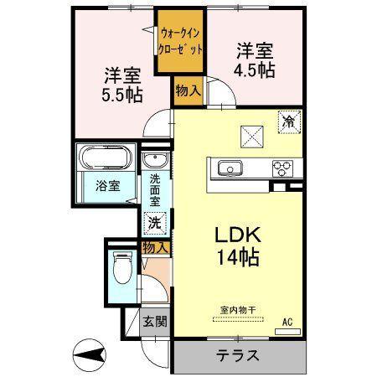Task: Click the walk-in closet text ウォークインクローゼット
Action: coord(180,42)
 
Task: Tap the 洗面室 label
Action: coord(156,190)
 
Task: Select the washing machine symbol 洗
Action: coord(154,223)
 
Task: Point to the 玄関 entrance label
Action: coord(153,320)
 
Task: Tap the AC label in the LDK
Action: coord(287,322)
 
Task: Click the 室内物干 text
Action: coord(240,310)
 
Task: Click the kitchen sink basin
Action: coord(229,169)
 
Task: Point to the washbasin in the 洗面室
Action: coord(152,161)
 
